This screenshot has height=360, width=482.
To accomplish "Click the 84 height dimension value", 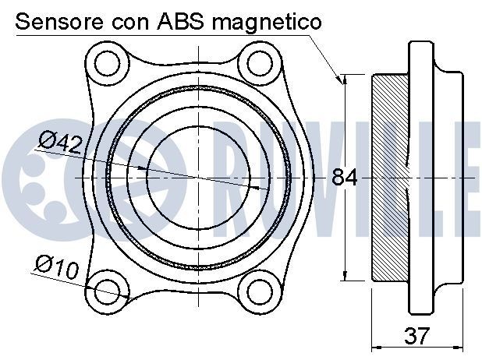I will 344,178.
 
